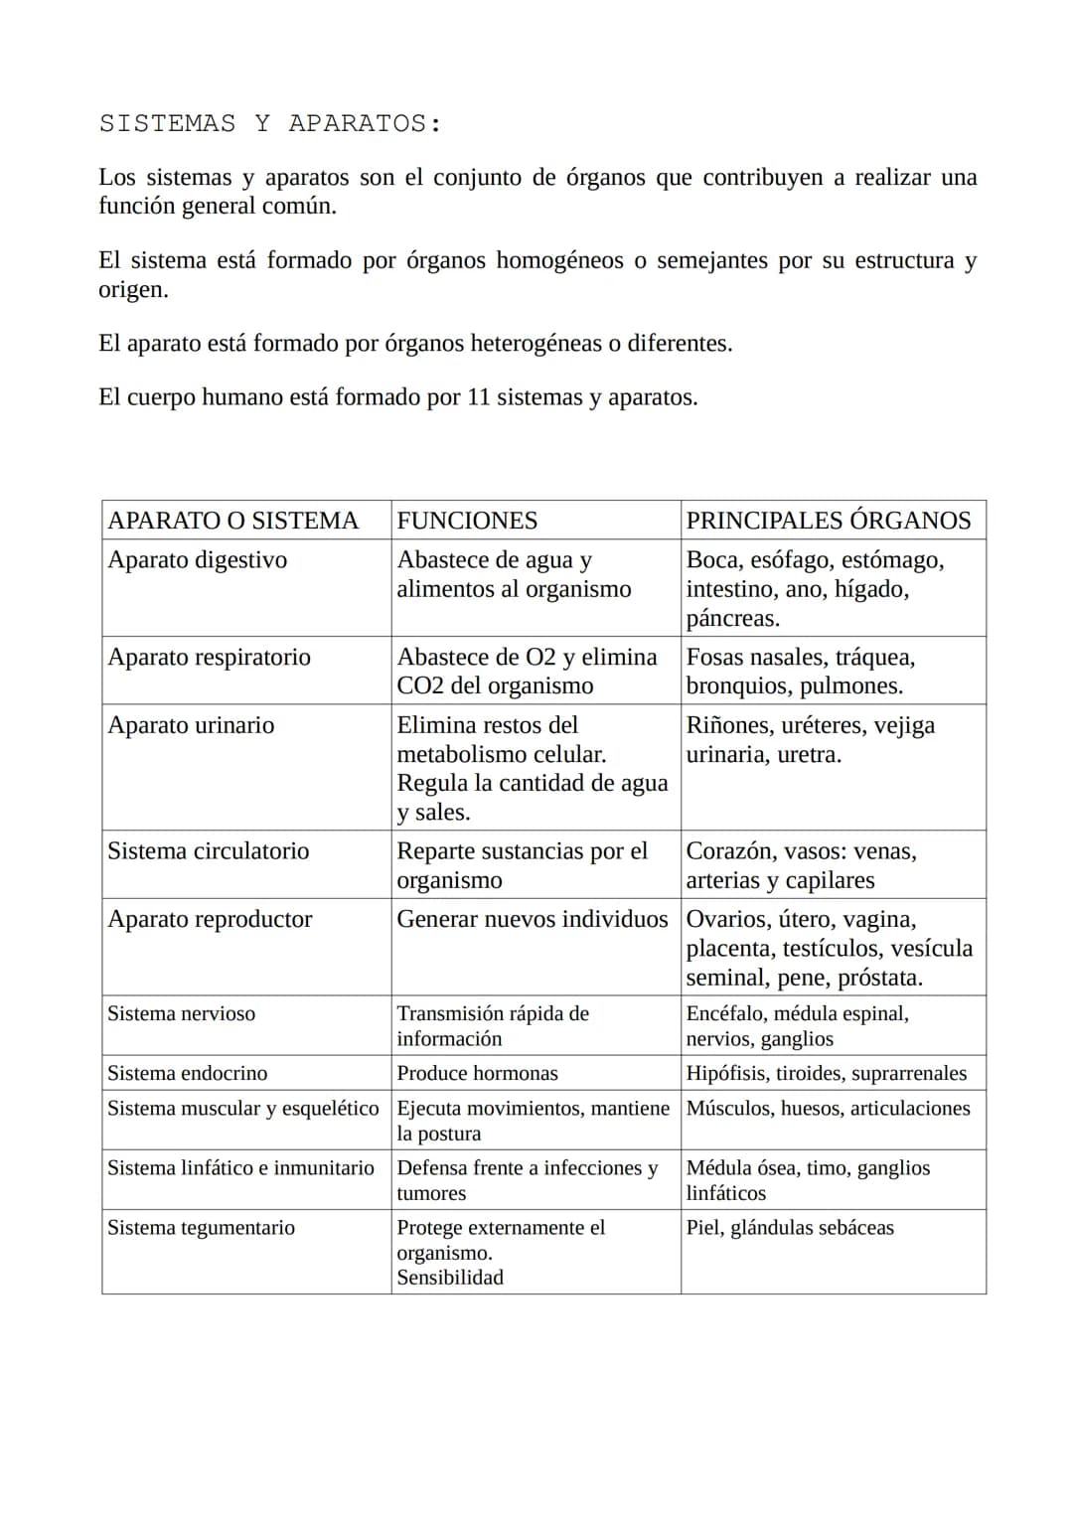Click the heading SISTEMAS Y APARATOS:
[270, 124]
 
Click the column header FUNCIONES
[467, 521]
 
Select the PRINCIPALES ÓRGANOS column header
[829, 521]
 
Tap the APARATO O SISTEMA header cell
[232, 521]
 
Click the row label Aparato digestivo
[197, 560]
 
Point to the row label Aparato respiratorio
[209, 658]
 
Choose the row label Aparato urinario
[191, 725]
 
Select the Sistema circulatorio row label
[208, 851]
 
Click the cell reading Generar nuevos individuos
[532, 919]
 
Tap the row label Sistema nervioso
[181, 1014]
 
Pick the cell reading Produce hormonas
[477, 1074]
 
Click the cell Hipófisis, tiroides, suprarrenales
[826, 1074]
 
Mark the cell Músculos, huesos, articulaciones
[828, 1109]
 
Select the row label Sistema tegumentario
[201, 1228]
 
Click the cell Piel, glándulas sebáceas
[790, 1228]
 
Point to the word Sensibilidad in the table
[450, 1279]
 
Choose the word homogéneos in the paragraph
[559, 260]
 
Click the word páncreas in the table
[732, 619]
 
